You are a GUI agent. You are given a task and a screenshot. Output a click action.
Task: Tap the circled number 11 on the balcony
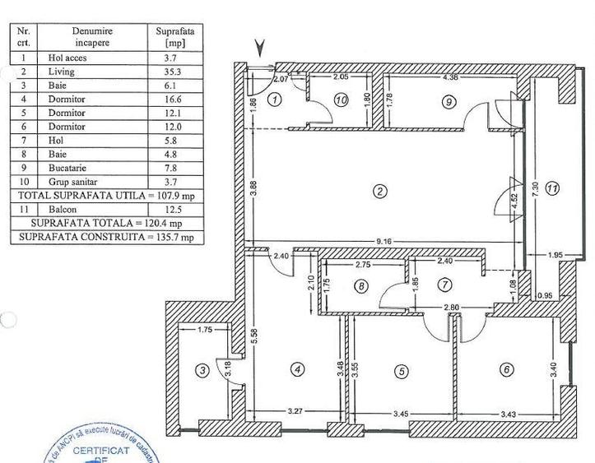(552, 188)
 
